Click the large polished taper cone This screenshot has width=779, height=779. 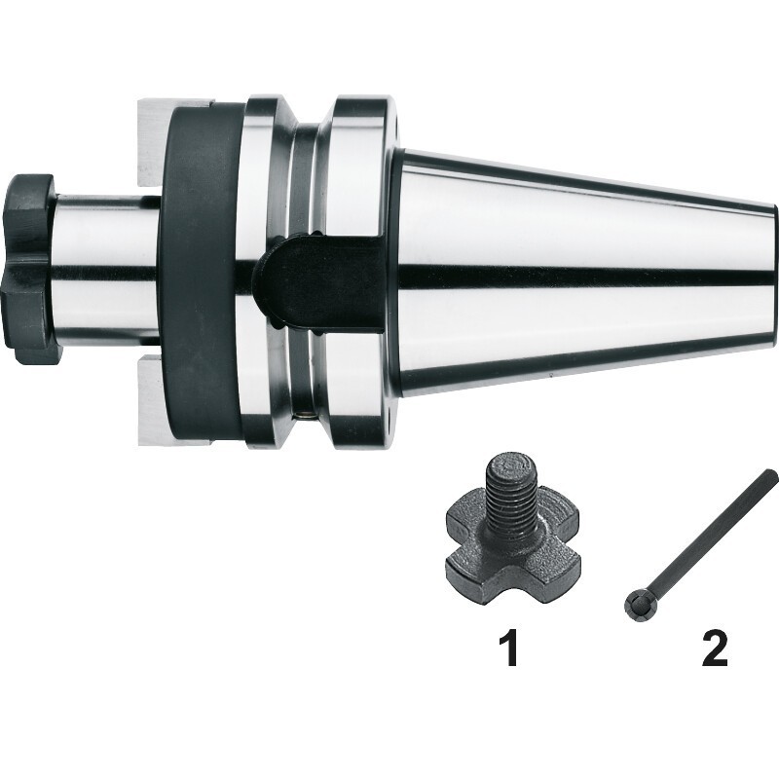tap(586, 270)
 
